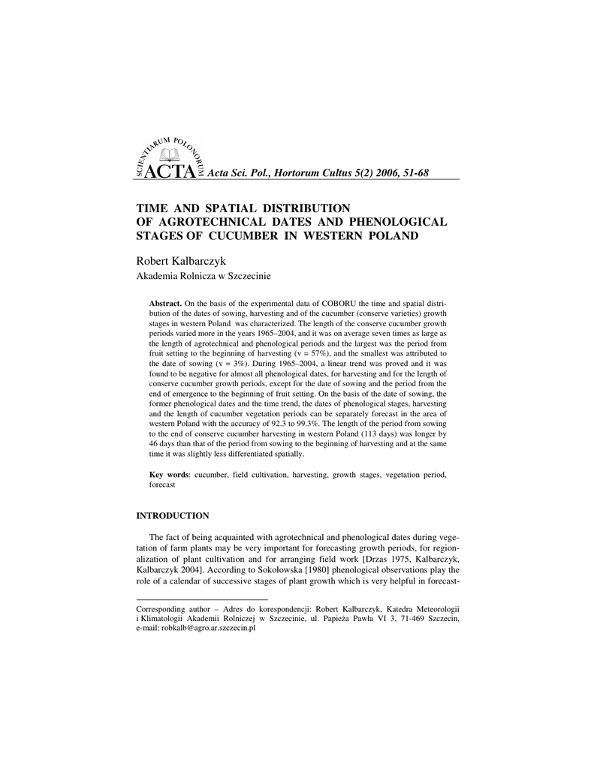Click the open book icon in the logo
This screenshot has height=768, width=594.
pyautogui.click(x=172, y=155)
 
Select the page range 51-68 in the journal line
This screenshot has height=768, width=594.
pyautogui.click(x=412, y=173)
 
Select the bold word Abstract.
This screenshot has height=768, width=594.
pyautogui.click(x=165, y=302)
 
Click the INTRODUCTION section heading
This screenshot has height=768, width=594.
pyautogui.click(x=172, y=515)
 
